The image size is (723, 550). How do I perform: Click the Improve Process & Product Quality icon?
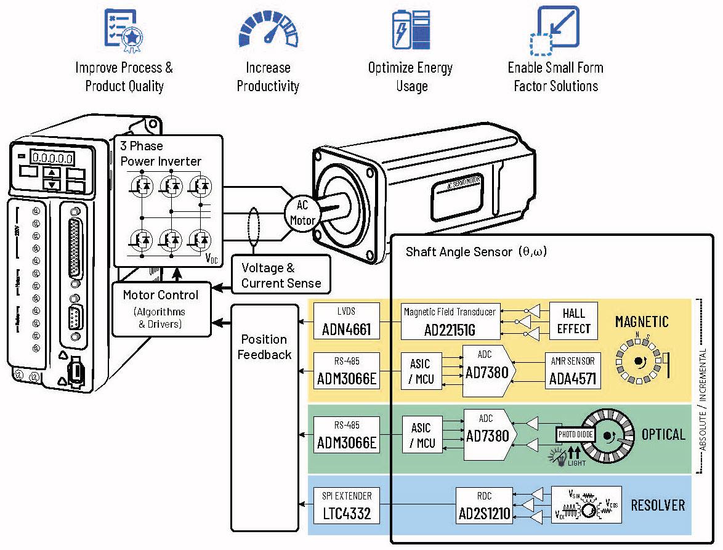[124, 28]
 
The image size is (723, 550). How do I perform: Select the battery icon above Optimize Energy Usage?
[411, 28]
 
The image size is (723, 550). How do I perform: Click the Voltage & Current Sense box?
[281, 275]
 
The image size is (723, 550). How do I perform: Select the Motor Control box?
[161, 308]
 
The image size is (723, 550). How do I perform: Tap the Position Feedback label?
[264, 347]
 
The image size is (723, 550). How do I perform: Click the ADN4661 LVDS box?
[346, 322]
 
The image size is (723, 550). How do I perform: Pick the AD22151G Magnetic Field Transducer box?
[449, 322]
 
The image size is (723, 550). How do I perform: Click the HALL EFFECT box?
[573, 320]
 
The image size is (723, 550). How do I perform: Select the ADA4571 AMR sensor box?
[573, 371]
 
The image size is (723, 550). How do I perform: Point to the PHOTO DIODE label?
[575, 434]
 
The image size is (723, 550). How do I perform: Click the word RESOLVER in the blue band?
[658, 505]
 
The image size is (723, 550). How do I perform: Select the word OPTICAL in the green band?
[663, 434]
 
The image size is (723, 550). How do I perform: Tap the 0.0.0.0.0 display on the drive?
[53, 158]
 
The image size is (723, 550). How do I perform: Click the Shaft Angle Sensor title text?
[476, 251]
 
